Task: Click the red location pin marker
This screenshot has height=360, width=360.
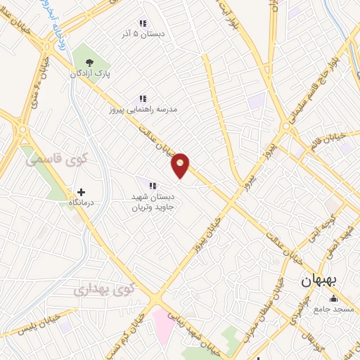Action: click(x=181, y=165)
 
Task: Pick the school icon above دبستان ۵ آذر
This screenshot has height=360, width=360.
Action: click(x=143, y=23)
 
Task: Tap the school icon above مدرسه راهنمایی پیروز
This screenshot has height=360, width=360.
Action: click(x=142, y=99)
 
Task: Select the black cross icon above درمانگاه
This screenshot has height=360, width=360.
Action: click(x=81, y=191)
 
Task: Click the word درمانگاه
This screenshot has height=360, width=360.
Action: click(x=81, y=202)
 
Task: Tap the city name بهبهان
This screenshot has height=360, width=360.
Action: click(x=319, y=280)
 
